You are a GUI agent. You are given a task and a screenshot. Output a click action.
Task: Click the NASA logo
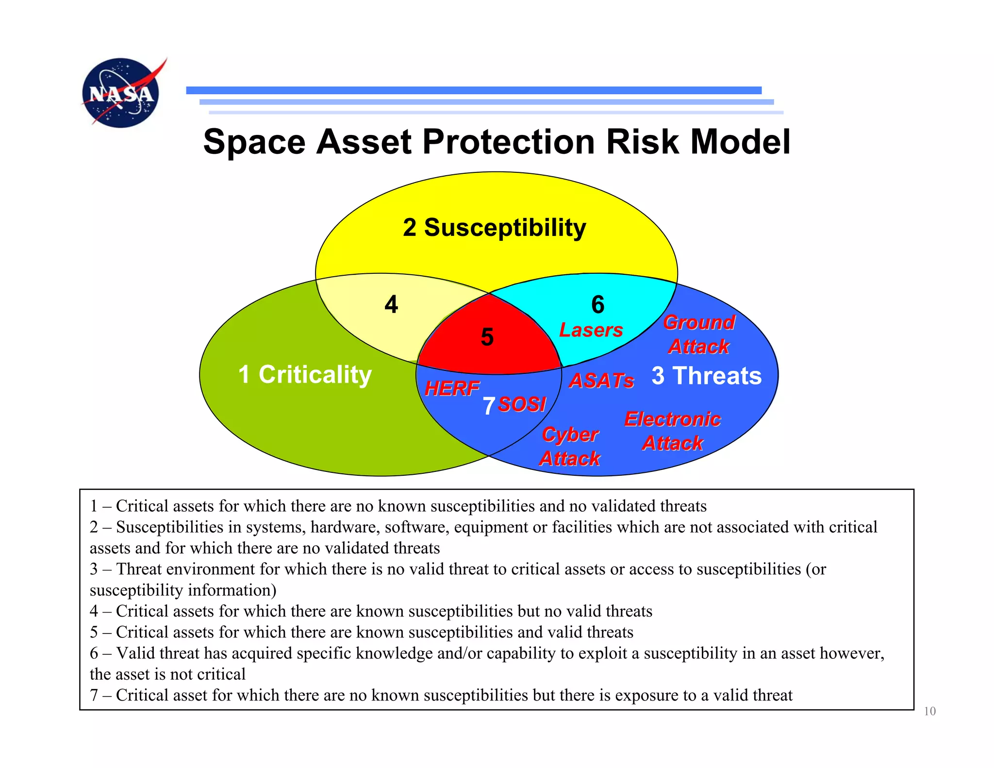point(120,93)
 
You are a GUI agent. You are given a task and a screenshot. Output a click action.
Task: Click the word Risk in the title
point(642,142)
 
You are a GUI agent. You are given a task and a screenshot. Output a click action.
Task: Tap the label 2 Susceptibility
point(494,227)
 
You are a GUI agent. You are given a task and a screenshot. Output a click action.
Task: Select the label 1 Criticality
point(305,374)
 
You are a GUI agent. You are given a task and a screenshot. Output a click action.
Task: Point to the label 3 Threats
point(706,375)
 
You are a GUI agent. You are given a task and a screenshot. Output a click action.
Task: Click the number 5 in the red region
point(487,337)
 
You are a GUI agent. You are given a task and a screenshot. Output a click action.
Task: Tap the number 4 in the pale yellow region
point(391,304)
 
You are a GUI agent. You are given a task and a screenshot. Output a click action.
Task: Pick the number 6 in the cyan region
point(597,304)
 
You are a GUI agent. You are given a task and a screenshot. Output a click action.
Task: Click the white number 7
point(489,406)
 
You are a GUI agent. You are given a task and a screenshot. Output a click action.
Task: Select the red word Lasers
point(591,330)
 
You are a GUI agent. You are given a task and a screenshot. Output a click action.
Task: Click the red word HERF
point(452,388)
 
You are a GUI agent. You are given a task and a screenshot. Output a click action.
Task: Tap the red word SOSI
point(522,404)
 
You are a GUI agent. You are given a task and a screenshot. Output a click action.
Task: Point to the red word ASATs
point(601,381)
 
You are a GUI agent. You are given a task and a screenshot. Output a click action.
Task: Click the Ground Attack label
point(699,334)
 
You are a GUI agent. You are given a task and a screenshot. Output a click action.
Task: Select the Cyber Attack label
point(570,446)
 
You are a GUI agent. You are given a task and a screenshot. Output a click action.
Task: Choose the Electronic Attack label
point(672,431)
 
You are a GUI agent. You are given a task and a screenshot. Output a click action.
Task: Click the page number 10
point(929,711)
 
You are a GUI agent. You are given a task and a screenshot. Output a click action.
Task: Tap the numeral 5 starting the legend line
point(94,632)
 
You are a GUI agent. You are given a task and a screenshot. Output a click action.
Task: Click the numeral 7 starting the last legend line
point(94,695)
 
